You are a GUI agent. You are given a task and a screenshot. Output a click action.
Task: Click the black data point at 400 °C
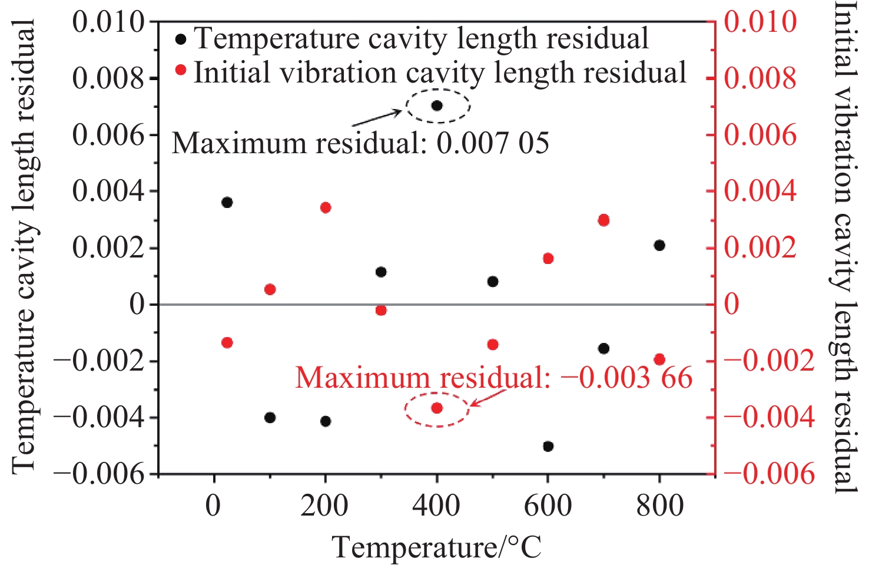(x=437, y=106)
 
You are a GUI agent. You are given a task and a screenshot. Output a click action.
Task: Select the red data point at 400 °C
(x=437, y=408)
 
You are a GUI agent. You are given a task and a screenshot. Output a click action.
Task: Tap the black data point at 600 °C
(x=548, y=447)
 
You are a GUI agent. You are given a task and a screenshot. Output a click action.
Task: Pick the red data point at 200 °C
(x=326, y=207)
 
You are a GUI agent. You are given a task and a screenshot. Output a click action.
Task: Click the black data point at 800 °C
(x=659, y=245)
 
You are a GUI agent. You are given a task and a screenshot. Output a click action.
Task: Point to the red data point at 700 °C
(x=603, y=220)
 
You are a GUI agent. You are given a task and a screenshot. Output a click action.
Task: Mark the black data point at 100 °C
(x=270, y=418)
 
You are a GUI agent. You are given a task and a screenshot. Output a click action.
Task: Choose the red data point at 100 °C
(x=270, y=289)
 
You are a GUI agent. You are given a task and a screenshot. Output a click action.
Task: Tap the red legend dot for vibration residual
(x=181, y=71)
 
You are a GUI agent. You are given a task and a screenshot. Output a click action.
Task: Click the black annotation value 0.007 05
(x=493, y=143)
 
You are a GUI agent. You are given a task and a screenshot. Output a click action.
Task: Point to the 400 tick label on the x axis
(x=436, y=506)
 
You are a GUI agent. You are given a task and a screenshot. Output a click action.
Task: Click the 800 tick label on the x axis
(x=659, y=506)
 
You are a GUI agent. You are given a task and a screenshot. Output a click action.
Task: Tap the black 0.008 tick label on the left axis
(x=108, y=78)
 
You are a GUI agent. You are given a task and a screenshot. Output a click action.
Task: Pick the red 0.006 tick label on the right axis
(x=760, y=135)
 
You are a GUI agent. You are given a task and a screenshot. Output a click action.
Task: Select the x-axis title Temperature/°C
(x=436, y=547)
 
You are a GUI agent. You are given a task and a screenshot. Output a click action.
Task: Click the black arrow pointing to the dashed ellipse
(x=377, y=118)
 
